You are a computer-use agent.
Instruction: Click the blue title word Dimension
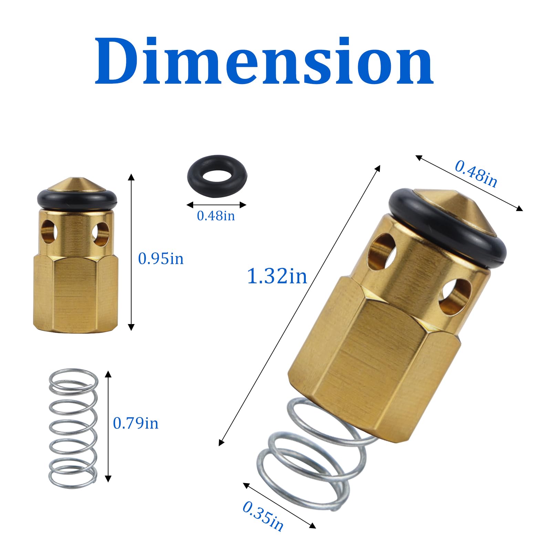pyautogui.click(x=264, y=61)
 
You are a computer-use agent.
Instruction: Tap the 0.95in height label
pyautogui.click(x=161, y=259)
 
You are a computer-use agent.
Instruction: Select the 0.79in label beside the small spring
pyautogui.click(x=136, y=423)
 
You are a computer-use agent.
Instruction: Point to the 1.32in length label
pyautogui.click(x=277, y=276)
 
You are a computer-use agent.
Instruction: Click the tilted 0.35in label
pyautogui.click(x=263, y=516)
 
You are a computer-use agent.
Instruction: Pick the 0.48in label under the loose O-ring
pyautogui.click(x=216, y=216)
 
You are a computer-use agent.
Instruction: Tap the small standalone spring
pyautogui.click(x=73, y=429)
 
